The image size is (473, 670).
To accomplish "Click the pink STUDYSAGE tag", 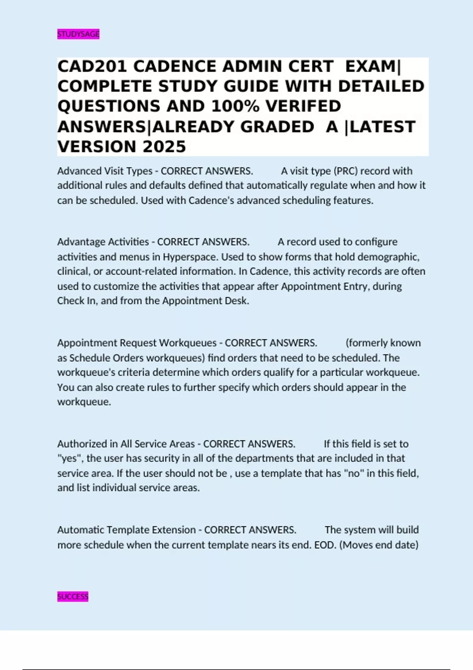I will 78,34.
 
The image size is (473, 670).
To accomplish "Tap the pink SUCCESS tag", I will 73,597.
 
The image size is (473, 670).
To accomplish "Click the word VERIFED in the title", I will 303,106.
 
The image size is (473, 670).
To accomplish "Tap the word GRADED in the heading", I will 277,127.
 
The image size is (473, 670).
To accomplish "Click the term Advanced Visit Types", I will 104,171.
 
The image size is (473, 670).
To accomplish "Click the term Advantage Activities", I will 103,242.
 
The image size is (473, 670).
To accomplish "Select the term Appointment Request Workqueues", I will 137,343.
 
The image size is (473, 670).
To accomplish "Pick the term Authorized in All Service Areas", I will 126,444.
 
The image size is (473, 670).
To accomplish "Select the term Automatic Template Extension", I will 126,530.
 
